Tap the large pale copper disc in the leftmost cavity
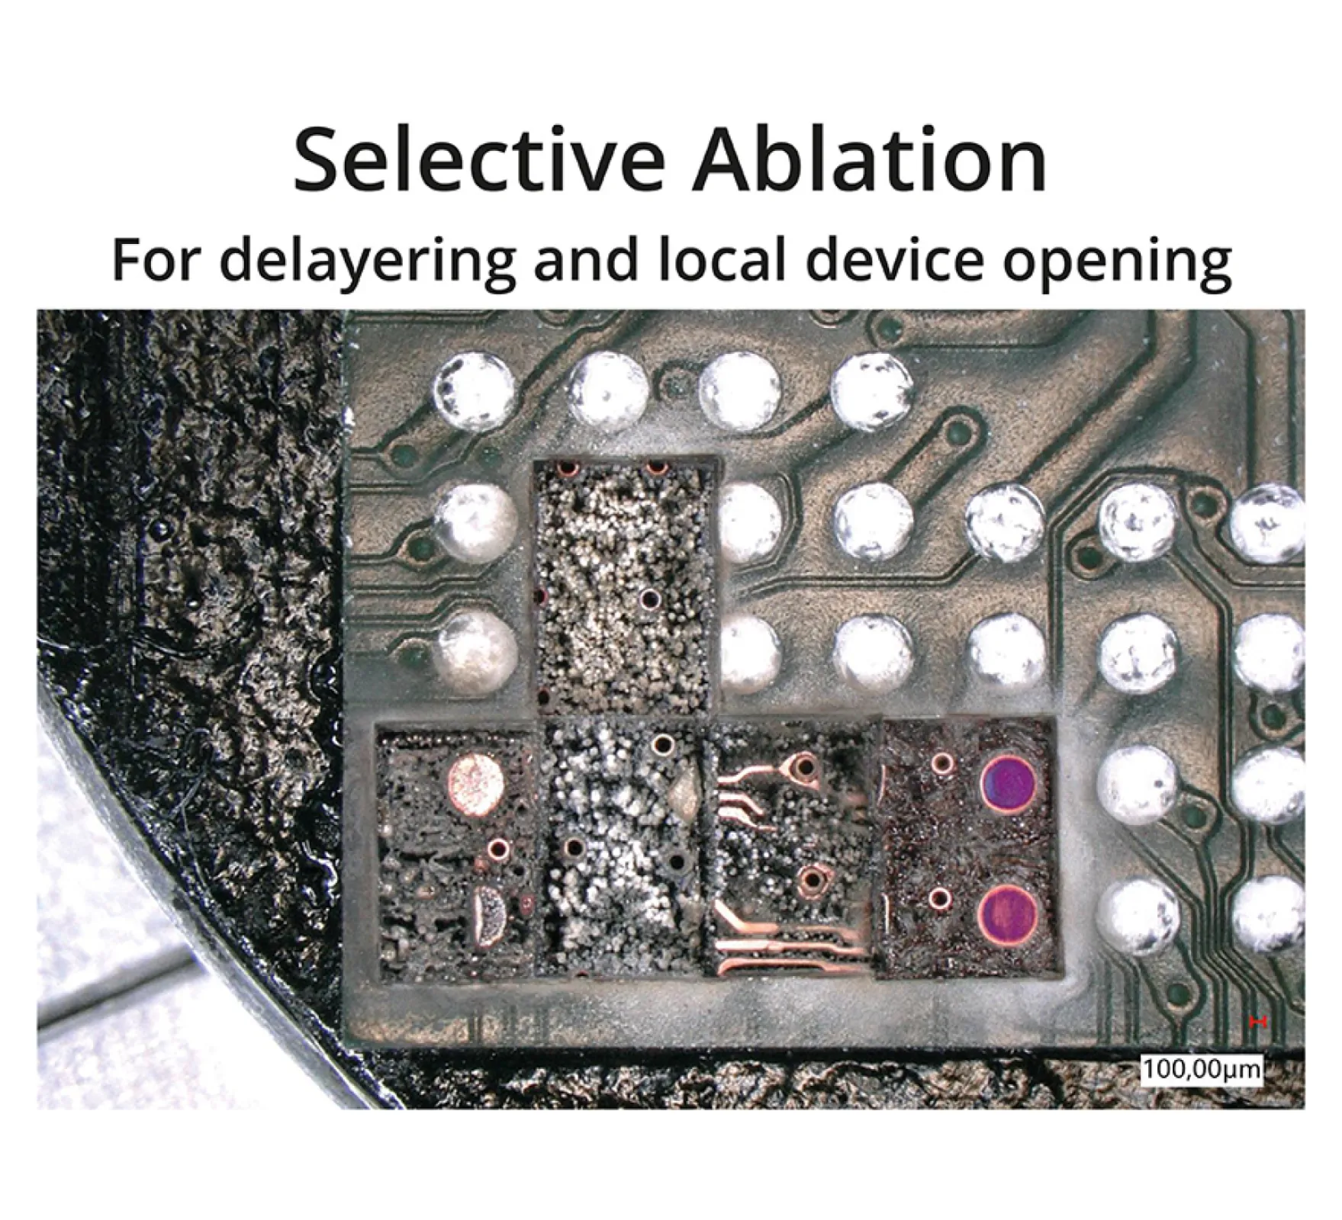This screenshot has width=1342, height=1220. click(478, 781)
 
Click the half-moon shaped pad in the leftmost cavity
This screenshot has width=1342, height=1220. click(488, 914)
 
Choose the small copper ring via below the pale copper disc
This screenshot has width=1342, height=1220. click(500, 846)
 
